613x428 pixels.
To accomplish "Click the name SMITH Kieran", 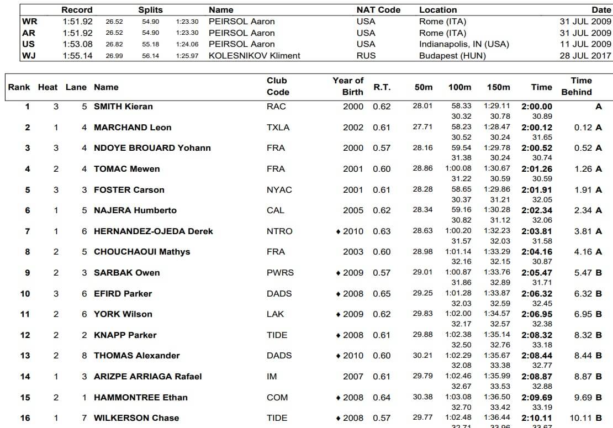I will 123,107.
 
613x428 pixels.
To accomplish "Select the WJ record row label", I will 28,55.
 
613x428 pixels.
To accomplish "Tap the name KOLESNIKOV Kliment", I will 255,55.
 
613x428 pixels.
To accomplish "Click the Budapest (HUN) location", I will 445,55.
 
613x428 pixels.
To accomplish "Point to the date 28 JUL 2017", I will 585,55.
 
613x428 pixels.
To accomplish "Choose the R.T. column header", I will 382,87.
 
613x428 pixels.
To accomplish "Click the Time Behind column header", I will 577,86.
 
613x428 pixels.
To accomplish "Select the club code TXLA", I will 278,128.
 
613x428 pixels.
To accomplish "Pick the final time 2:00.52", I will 537,148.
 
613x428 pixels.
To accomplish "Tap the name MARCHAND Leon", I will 133,128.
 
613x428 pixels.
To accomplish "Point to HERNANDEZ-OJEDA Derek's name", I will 153,231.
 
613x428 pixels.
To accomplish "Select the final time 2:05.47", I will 537,273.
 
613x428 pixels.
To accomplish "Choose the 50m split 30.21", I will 422,355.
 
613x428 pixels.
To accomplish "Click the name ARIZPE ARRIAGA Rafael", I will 147,377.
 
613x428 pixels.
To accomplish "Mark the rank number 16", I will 25,418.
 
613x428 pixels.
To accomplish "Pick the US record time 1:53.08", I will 77,44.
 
